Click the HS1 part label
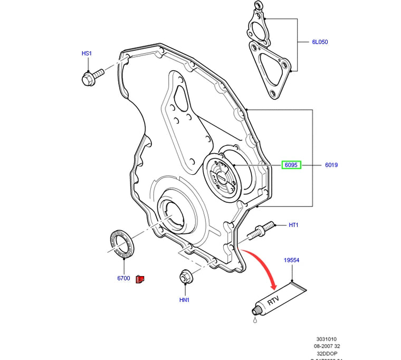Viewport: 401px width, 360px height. click(87, 53)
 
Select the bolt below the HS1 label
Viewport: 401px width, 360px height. click(90, 78)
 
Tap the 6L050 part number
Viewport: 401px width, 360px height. click(319, 42)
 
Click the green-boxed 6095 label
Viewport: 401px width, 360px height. click(291, 165)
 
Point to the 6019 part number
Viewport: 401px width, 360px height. click(331, 165)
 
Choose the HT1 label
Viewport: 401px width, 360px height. click(293, 225)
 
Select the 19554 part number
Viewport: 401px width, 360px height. click(291, 260)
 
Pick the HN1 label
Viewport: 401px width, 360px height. click(184, 300)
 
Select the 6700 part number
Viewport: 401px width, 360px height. click(123, 278)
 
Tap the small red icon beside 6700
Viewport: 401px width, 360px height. click(140, 279)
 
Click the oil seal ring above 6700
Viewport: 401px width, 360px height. click(122, 243)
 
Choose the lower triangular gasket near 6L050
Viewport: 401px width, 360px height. click(270, 69)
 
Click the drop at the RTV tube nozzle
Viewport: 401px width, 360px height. click(254, 319)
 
